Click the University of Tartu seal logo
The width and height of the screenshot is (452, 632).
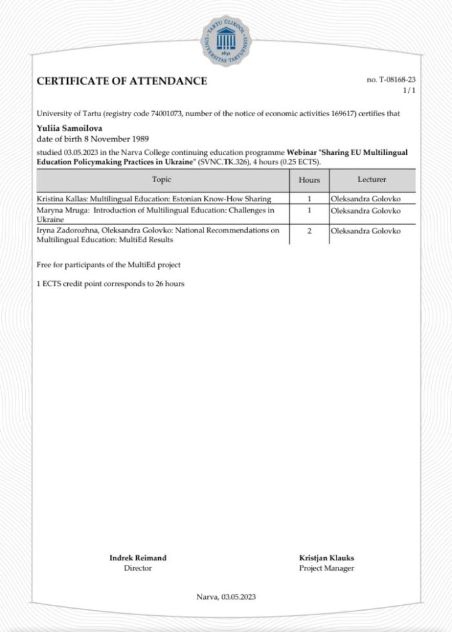(226, 41)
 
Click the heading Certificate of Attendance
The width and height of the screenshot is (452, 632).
(122, 81)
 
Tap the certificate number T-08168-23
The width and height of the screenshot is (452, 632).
(391, 79)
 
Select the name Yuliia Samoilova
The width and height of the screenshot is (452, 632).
(69, 128)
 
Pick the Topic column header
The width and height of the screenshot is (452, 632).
(161, 179)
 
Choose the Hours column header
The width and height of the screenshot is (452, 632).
(309, 180)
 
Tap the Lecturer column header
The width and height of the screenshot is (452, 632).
(372, 179)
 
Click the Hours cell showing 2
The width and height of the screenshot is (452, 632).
(309, 231)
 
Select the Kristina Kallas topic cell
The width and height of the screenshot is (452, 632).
(154, 199)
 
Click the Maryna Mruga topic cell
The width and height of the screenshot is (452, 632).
(156, 215)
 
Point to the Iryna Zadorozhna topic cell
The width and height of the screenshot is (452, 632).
(158, 235)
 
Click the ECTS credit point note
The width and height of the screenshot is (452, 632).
(110, 283)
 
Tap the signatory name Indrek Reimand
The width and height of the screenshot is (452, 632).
(138, 558)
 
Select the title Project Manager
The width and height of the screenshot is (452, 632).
(326, 568)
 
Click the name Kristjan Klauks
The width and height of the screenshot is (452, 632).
(326, 558)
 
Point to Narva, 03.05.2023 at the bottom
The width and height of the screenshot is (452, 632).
(226, 596)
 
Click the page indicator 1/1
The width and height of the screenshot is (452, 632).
(409, 90)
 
